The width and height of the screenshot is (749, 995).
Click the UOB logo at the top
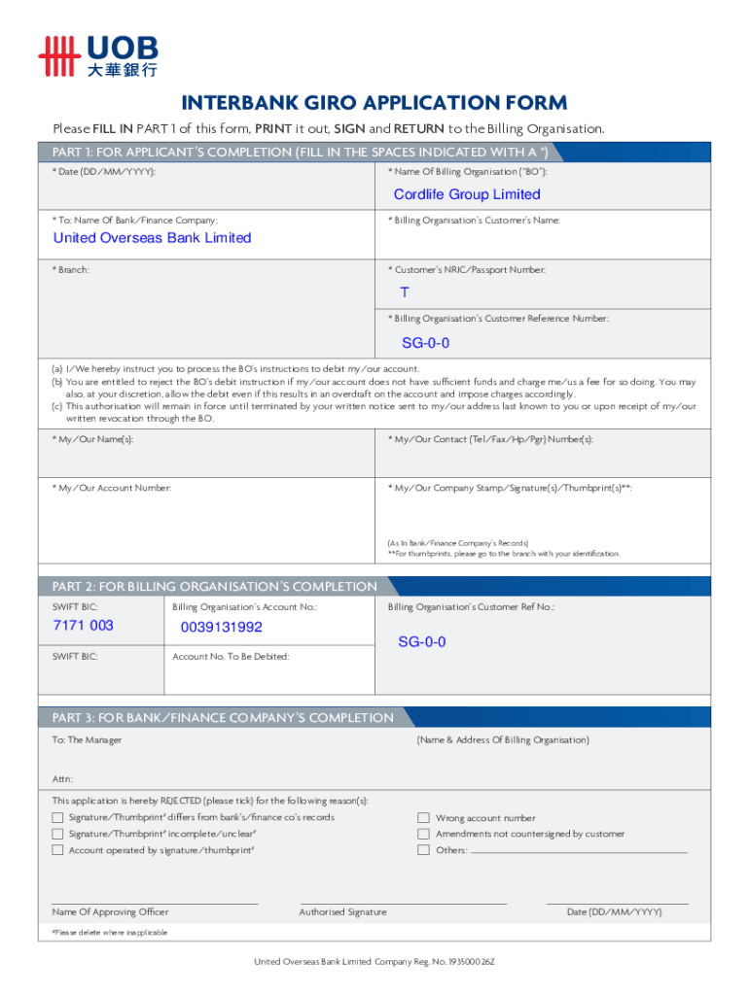(x=97, y=55)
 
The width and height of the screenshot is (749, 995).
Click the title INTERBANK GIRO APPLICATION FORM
(x=374, y=104)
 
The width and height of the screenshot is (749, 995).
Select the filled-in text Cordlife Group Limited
(x=467, y=194)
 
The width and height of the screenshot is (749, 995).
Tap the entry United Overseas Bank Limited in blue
(x=152, y=238)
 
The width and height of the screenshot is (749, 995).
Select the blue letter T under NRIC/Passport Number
(x=405, y=292)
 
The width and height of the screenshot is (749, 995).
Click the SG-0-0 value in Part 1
(x=426, y=343)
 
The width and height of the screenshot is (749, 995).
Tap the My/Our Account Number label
(x=112, y=487)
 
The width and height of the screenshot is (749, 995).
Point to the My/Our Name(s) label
(x=93, y=439)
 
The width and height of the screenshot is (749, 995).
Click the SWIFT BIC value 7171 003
(x=83, y=626)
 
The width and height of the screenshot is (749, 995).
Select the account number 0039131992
(x=222, y=628)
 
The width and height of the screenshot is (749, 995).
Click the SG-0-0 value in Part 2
(x=422, y=642)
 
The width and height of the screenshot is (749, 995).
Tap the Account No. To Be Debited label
(x=231, y=656)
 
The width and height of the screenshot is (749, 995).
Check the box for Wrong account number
(x=423, y=818)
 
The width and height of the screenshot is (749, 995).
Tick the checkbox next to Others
(x=423, y=850)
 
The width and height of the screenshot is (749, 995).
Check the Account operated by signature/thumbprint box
(x=57, y=850)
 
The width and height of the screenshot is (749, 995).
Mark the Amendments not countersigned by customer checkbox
(x=423, y=834)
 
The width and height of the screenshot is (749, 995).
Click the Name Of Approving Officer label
(x=110, y=911)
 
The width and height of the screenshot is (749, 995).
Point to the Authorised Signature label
(x=342, y=911)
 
